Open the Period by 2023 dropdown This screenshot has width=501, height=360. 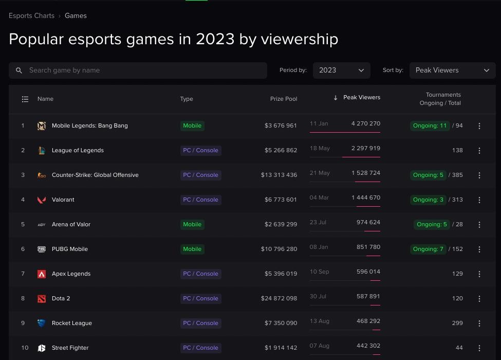click(341, 70)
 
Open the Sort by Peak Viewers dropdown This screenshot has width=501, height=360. click(452, 70)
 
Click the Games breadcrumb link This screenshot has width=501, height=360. click(76, 16)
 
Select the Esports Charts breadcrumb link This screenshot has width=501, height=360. click(31, 16)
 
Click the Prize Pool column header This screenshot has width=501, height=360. click(283, 99)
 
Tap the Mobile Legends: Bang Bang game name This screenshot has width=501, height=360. click(89, 125)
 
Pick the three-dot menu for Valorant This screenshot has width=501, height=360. click(479, 200)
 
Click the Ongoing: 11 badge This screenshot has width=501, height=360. click(430, 125)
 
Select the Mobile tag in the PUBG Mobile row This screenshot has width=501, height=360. click(192, 249)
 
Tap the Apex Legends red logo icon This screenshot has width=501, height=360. click(42, 274)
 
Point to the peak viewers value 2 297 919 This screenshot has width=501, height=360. click(366, 148)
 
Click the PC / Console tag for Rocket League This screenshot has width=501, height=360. click(200, 323)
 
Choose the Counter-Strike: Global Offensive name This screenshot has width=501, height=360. click(95, 175)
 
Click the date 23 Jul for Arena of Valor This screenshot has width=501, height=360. click(318, 222)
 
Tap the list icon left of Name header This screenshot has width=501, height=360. click(25, 99)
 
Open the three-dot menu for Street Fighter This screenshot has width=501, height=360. click(479, 348)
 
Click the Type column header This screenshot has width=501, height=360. click(187, 99)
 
